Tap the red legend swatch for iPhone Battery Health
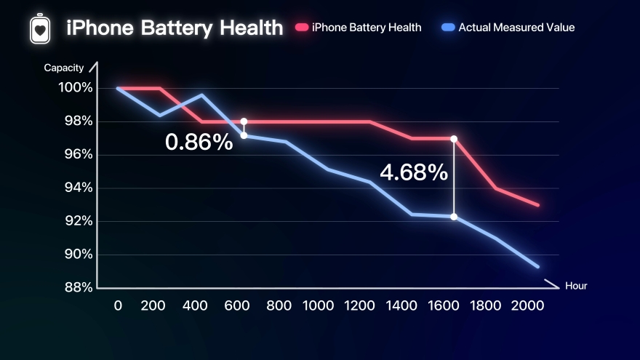point(302,28)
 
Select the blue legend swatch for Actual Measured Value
point(448,28)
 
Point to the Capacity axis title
point(64,68)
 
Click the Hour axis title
point(575,286)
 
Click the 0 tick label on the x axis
point(118,305)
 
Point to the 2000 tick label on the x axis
point(527,305)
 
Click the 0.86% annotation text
point(199,141)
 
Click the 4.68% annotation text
point(414,172)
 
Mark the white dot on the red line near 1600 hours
point(454,138)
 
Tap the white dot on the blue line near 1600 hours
point(454,217)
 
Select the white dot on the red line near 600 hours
point(244,121)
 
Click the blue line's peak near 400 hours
point(201,95)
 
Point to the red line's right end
point(538,205)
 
